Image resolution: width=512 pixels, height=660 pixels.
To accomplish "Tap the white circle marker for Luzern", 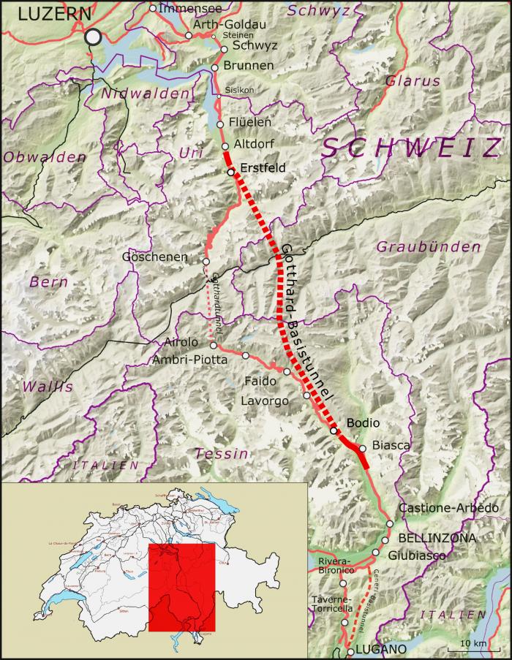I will tap(93, 37).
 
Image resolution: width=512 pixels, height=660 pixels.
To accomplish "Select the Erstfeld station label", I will tap(263, 167).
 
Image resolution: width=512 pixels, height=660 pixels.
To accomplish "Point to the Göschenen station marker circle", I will tap(206, 261).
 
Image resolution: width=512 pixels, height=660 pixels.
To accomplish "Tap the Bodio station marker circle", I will tap(334, 430).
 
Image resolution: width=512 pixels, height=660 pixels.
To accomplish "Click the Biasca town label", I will tap(391, 444).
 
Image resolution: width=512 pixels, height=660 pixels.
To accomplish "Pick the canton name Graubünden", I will tap(428, 247).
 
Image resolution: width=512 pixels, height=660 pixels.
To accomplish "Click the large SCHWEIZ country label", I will tap(410, 148).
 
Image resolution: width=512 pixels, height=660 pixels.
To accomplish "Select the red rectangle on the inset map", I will tap(181, 587).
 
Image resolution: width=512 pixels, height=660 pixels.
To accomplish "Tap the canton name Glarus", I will tap(413, 80).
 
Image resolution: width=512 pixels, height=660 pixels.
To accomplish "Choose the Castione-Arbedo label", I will tap(449, 508).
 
